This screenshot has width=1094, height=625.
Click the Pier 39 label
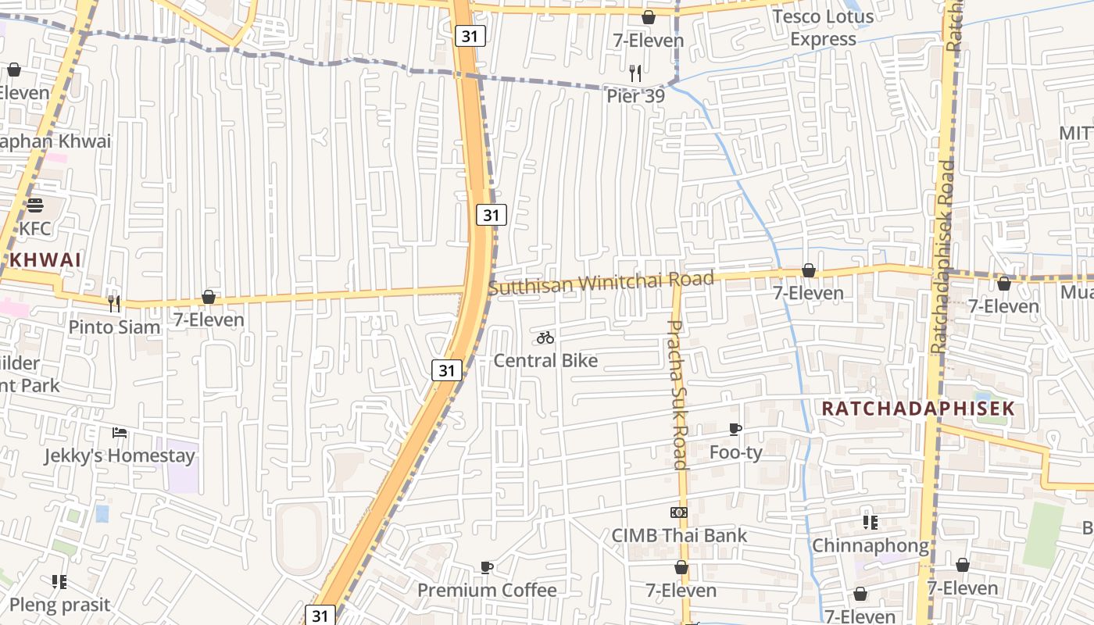pos(635,96)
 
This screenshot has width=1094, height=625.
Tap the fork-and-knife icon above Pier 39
pos(635,73)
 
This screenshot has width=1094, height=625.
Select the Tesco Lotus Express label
pos(824,27)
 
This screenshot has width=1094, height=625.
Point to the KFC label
pos(34,229)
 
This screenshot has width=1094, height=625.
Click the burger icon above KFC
pos(34,205)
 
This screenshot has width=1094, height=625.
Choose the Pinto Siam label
pos(114,327)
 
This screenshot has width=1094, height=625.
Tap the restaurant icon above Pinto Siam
pos(114,304)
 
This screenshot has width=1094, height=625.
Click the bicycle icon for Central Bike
pos(545,337)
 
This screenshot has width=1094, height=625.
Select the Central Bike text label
pos(545,360)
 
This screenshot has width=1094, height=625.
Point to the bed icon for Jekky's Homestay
pos(119,432)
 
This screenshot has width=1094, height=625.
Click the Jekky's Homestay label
pos(119,455)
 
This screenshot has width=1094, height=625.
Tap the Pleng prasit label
pos(59,605)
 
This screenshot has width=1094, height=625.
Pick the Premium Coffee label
pos(487,590)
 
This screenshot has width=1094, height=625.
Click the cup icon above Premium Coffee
pos(487,567)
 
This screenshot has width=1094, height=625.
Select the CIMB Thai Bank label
pos(679,535)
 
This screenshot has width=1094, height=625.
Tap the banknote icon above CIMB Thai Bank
pos(679,512)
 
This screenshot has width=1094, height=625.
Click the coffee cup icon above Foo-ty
pos(735,429)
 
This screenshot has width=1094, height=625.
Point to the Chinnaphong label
pos(871,545)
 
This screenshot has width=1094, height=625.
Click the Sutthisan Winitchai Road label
pos(601,282)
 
